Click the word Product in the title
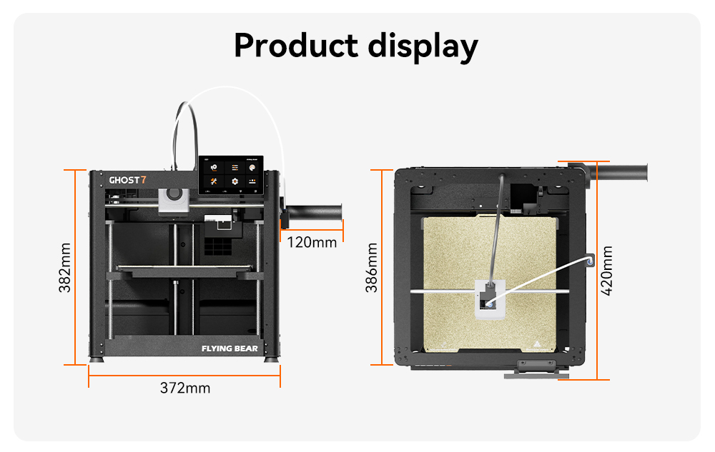295,46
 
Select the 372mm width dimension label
184,388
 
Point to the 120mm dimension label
312,242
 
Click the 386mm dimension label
372,268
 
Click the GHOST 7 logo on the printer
127,180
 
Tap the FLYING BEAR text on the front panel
230,349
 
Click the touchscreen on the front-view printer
233,175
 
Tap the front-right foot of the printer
271,359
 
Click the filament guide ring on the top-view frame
589,261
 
